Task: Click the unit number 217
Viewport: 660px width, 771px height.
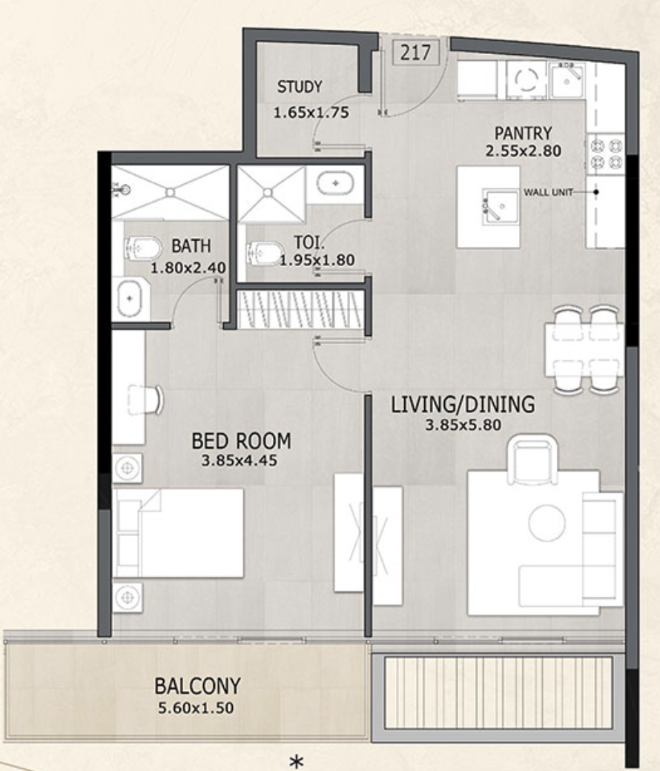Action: (x=415, y=52)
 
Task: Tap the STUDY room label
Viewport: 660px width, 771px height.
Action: (x=300, y=87)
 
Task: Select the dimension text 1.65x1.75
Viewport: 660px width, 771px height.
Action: (x=311, y=113)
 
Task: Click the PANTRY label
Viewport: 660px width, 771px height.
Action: (x=523, y=133)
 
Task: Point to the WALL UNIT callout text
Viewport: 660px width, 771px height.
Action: (x=548, y=192)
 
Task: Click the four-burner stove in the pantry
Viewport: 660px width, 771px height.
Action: (x=606, y=154)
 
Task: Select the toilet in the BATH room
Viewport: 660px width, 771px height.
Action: (x=143, y=249)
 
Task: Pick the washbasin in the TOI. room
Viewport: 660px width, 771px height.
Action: (x=335, y=183)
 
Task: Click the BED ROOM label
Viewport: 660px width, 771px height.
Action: (x=241, y=441)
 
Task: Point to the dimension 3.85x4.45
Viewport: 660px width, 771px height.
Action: (x=240, y=460)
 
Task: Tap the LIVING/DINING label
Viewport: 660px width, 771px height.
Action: (x=463, y=404)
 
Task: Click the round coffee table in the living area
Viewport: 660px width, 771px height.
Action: (x=547, y=523)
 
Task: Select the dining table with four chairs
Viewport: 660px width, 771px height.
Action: (x=584, y=350)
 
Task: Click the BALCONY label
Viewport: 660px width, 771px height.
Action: (x=198, y=686)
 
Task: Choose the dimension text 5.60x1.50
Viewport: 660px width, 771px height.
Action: (x=196, y=708)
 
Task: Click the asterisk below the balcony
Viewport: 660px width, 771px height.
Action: (x=296, y=761)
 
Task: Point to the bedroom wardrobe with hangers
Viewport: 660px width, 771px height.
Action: (x=300, y=310)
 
